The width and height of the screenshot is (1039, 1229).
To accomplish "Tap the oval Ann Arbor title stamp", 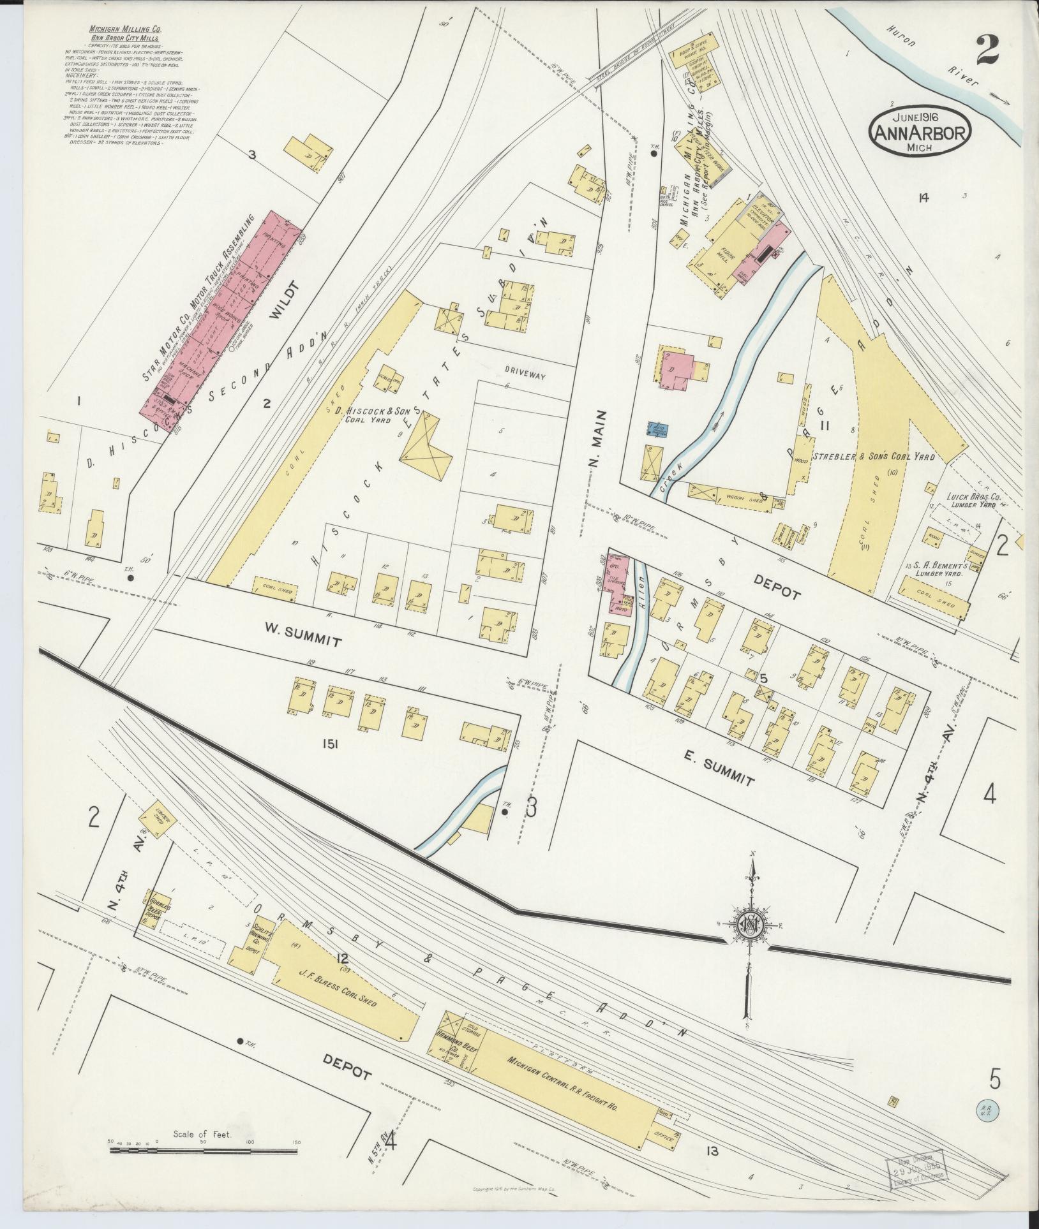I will tap(919, 133).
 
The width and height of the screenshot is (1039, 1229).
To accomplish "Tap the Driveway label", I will tap(525, 376).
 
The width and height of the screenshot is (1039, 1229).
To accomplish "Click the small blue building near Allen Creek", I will tap(656, 429).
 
